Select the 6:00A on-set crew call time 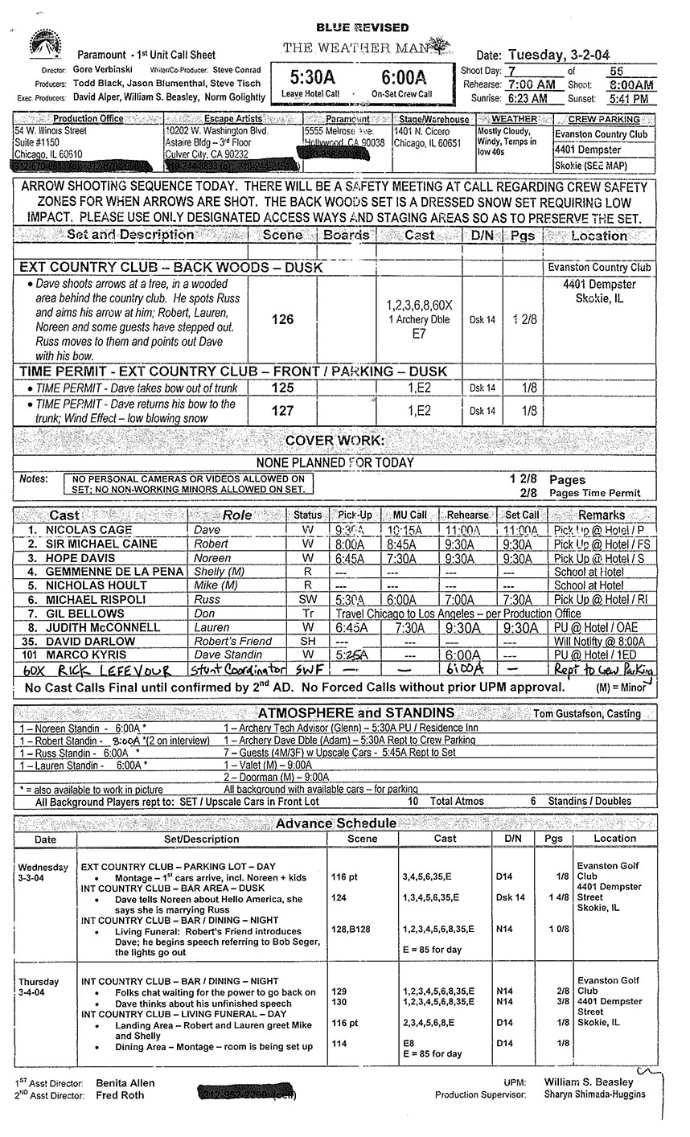pyautogui.click(x=401, y=79)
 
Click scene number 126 pyautogui.click(x=282, y=319)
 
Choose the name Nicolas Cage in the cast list pyautogui.click(x=88, y=531)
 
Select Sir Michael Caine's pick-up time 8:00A pyautogui.click(x=350, y=544)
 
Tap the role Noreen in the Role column pyautogui.click(x=212, y=558)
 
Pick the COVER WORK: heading pyautogui.click(x=335, y=441)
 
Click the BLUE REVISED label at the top pyautogui.click(x=361, y=28)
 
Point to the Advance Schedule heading pyautogui.click(x=335, y=823)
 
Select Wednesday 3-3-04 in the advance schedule pyautogui.click(x=44, y=873)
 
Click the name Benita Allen pyautogui.click(x=125, y=1083)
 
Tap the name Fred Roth pyautogui.click(x=120, y=1095)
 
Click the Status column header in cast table pyautogui.click(x=307, y=515)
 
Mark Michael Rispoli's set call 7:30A pyautogui.click(x=520, y=599)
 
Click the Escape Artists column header pyautogui.click(x=233, y=119)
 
